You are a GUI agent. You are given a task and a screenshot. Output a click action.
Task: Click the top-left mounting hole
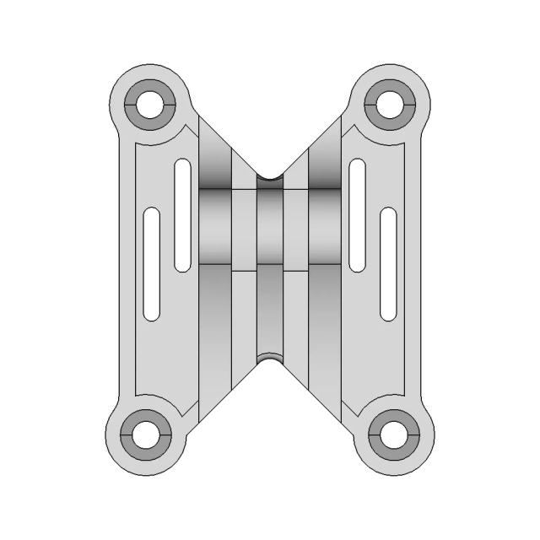point(148,105)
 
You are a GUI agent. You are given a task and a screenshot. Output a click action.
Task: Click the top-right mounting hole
point(391,105)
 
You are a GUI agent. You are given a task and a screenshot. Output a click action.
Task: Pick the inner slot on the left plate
point(181,215)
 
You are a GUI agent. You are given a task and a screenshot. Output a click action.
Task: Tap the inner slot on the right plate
point(358,215)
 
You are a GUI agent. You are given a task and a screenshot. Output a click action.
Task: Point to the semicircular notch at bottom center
point(270,359)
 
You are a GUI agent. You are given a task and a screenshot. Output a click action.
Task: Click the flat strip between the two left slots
point(166,253)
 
